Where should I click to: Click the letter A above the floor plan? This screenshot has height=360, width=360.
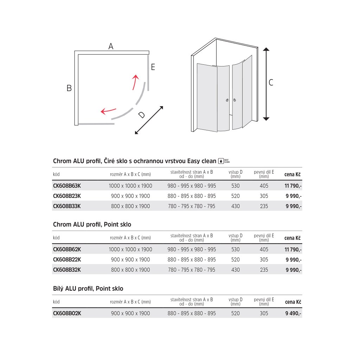point(111,46)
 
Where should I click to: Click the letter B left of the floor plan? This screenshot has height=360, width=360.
point(69,88)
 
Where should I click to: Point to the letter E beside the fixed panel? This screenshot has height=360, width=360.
point(153,67)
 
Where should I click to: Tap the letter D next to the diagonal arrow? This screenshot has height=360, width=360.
point(141,115)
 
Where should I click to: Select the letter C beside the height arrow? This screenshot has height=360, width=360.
point(271,83)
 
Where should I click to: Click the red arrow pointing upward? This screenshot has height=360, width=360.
point(135,82)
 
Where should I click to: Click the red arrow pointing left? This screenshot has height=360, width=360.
point(108,111)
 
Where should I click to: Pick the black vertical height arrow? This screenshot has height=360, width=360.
point(266,84)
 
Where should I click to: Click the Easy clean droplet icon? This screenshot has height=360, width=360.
point(221,161)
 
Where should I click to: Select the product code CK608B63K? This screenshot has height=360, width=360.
point(67,186)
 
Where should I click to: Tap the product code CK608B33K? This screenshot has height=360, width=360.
point(67,206)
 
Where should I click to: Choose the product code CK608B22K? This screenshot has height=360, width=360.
point(67,260)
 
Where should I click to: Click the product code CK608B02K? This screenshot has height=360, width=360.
point(67,313)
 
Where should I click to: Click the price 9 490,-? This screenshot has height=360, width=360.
point(293,313)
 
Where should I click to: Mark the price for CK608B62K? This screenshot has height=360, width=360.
point(293,250)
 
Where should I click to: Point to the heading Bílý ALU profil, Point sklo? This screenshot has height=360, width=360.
point(88,289)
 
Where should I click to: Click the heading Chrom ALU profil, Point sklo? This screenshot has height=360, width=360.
point(92,225)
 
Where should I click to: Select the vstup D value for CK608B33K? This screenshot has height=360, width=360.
point(236,206)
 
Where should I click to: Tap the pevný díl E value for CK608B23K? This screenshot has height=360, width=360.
point(264,196)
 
